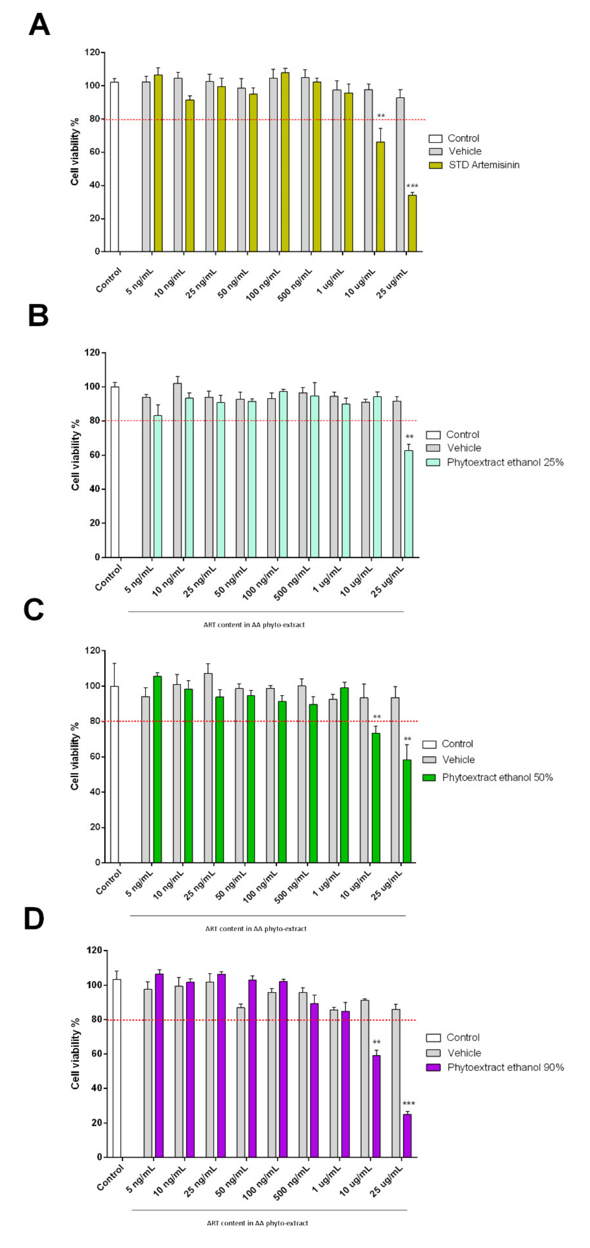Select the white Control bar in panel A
[x=114, y=167]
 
